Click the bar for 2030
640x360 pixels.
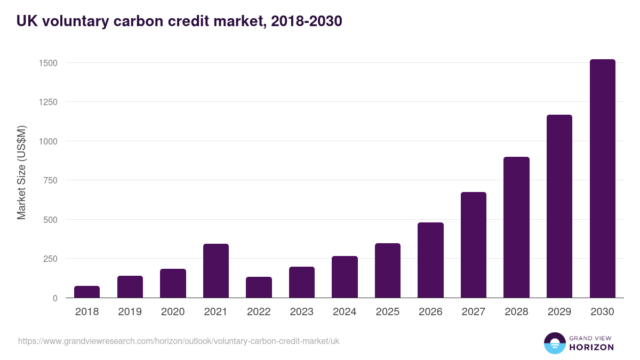pyautogui.click(x=602, y=179)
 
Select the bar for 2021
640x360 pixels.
pyautogui.click(x=216, y=271)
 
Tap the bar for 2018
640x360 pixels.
pyautogui.click(x=87, y=292)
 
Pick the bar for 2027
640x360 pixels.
pyautogui.click(x=474, y=245)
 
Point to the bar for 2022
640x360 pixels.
pyautogui.click(x=259, y=287)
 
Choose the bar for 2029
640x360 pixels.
pyautogui.click(x=559, y=206)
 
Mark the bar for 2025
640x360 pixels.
pyautogui.click(x=388, y=270)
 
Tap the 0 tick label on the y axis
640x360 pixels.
pyautogui.click(x=55, y=298)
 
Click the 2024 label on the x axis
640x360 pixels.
pyautogui.click(x=345, y=312)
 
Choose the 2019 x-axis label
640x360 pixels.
pyautogui.click(x=130, y=312)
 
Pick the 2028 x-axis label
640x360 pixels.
pyautogui.click(x=516, y=312)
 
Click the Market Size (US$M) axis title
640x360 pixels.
pyautogui.click(x=21, y=172)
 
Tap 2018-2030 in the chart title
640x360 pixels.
pyautogui.click(x=306, y=21)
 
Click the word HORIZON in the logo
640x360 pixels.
pyautogui.click(x=591, y=347)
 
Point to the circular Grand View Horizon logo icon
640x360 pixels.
pyautogui.click(x=555, y=343)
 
